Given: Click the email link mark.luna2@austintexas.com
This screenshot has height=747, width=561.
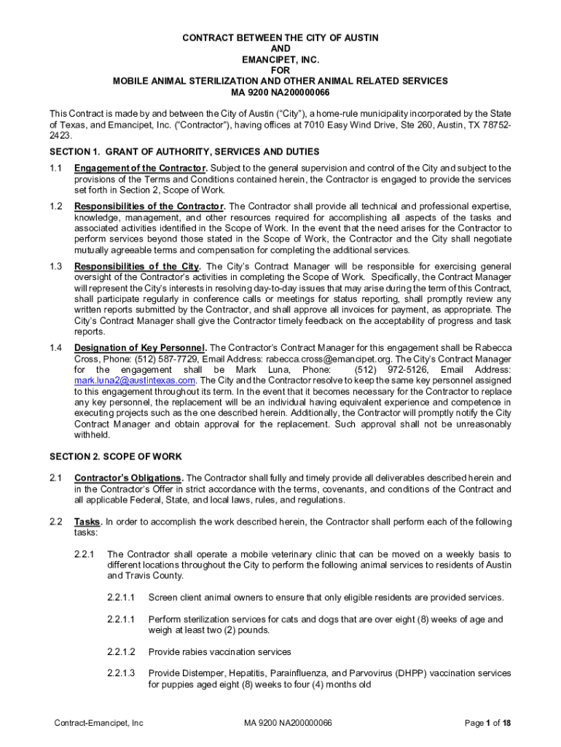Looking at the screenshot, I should tap(135, 380).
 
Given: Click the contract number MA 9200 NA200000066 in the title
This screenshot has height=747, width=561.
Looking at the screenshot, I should tap(280, 92).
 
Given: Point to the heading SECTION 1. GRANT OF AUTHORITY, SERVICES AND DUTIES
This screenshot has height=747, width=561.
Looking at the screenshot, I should tap(184, 152).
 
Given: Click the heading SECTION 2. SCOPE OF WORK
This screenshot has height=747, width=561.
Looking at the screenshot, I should tap(115, 457).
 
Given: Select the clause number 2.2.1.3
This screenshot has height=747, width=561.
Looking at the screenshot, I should tap(120, 673).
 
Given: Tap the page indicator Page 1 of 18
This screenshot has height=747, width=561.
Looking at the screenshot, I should tap(487, 723).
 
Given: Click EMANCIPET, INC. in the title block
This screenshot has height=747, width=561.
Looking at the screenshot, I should tap(280, 58).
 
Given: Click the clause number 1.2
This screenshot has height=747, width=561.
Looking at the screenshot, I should tap(55, 206).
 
